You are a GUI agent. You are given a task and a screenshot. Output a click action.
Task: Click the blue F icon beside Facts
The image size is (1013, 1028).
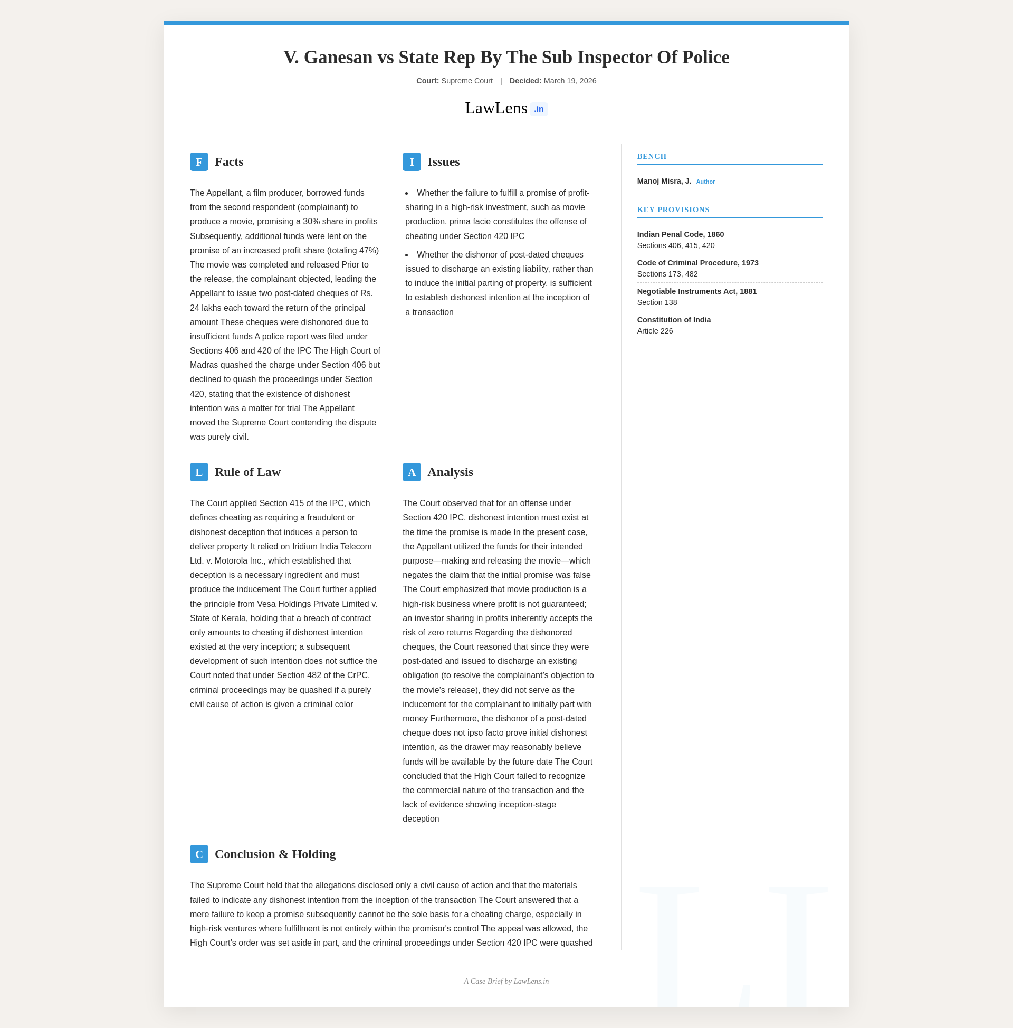[x=199, y=162]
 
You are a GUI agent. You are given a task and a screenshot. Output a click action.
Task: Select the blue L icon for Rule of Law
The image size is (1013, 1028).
[x=199, y=472]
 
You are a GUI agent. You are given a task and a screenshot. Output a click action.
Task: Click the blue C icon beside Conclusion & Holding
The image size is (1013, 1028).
[x=199, y=854]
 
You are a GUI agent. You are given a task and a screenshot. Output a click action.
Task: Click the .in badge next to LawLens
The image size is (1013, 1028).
[x=539, y=109]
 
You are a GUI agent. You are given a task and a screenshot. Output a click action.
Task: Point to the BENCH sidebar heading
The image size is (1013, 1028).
[x=652, y=156]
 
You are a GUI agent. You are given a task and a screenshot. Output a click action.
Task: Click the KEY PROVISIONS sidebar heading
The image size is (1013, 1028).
[x=673, y=210]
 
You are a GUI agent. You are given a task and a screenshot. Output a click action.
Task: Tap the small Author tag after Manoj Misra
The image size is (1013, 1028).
[x=705, y=182]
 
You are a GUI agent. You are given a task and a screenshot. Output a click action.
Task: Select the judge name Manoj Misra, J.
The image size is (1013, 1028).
[x=664, y=181]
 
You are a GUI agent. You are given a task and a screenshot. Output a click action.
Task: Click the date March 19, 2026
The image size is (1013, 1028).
[x=570, y=81]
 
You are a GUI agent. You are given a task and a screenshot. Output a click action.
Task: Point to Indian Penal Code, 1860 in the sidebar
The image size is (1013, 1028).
[x=681, y=234]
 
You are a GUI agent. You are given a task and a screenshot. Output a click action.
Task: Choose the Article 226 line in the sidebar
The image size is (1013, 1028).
[x=655, y=331]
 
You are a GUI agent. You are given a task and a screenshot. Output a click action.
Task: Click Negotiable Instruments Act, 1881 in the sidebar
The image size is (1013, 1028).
[x=696, y=291]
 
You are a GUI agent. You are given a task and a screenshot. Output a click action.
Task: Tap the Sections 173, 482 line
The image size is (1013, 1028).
[x=667, y=274]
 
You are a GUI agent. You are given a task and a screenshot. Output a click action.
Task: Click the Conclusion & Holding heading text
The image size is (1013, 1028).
[x=275, y=854]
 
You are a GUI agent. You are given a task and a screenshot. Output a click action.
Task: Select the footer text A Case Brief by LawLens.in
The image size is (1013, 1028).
[x=506, y=981]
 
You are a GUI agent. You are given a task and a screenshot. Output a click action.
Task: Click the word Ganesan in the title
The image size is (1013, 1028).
[x=338, y=58]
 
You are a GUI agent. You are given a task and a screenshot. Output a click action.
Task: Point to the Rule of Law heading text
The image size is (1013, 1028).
[x=247, y=472]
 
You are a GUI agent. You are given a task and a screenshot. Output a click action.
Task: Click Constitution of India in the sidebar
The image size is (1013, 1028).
[x=674, y=320]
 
